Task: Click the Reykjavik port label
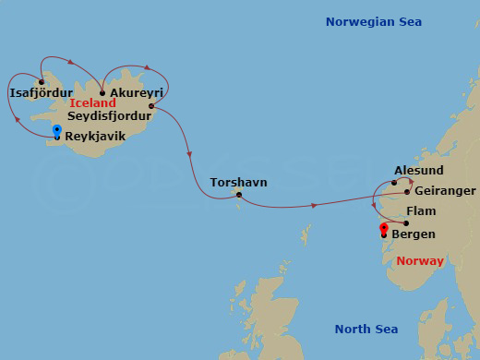95,136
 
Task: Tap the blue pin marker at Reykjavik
57,131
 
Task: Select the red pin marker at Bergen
384,229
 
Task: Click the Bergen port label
414,234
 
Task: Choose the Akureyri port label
137,93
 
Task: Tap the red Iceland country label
92,104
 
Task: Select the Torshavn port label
238,182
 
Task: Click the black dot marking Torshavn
238,194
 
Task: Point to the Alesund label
418,171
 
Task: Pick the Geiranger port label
445,191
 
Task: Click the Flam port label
421,211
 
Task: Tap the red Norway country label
420,261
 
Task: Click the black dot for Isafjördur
42,81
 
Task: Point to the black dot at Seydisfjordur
150,106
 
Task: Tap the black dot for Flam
406,223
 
